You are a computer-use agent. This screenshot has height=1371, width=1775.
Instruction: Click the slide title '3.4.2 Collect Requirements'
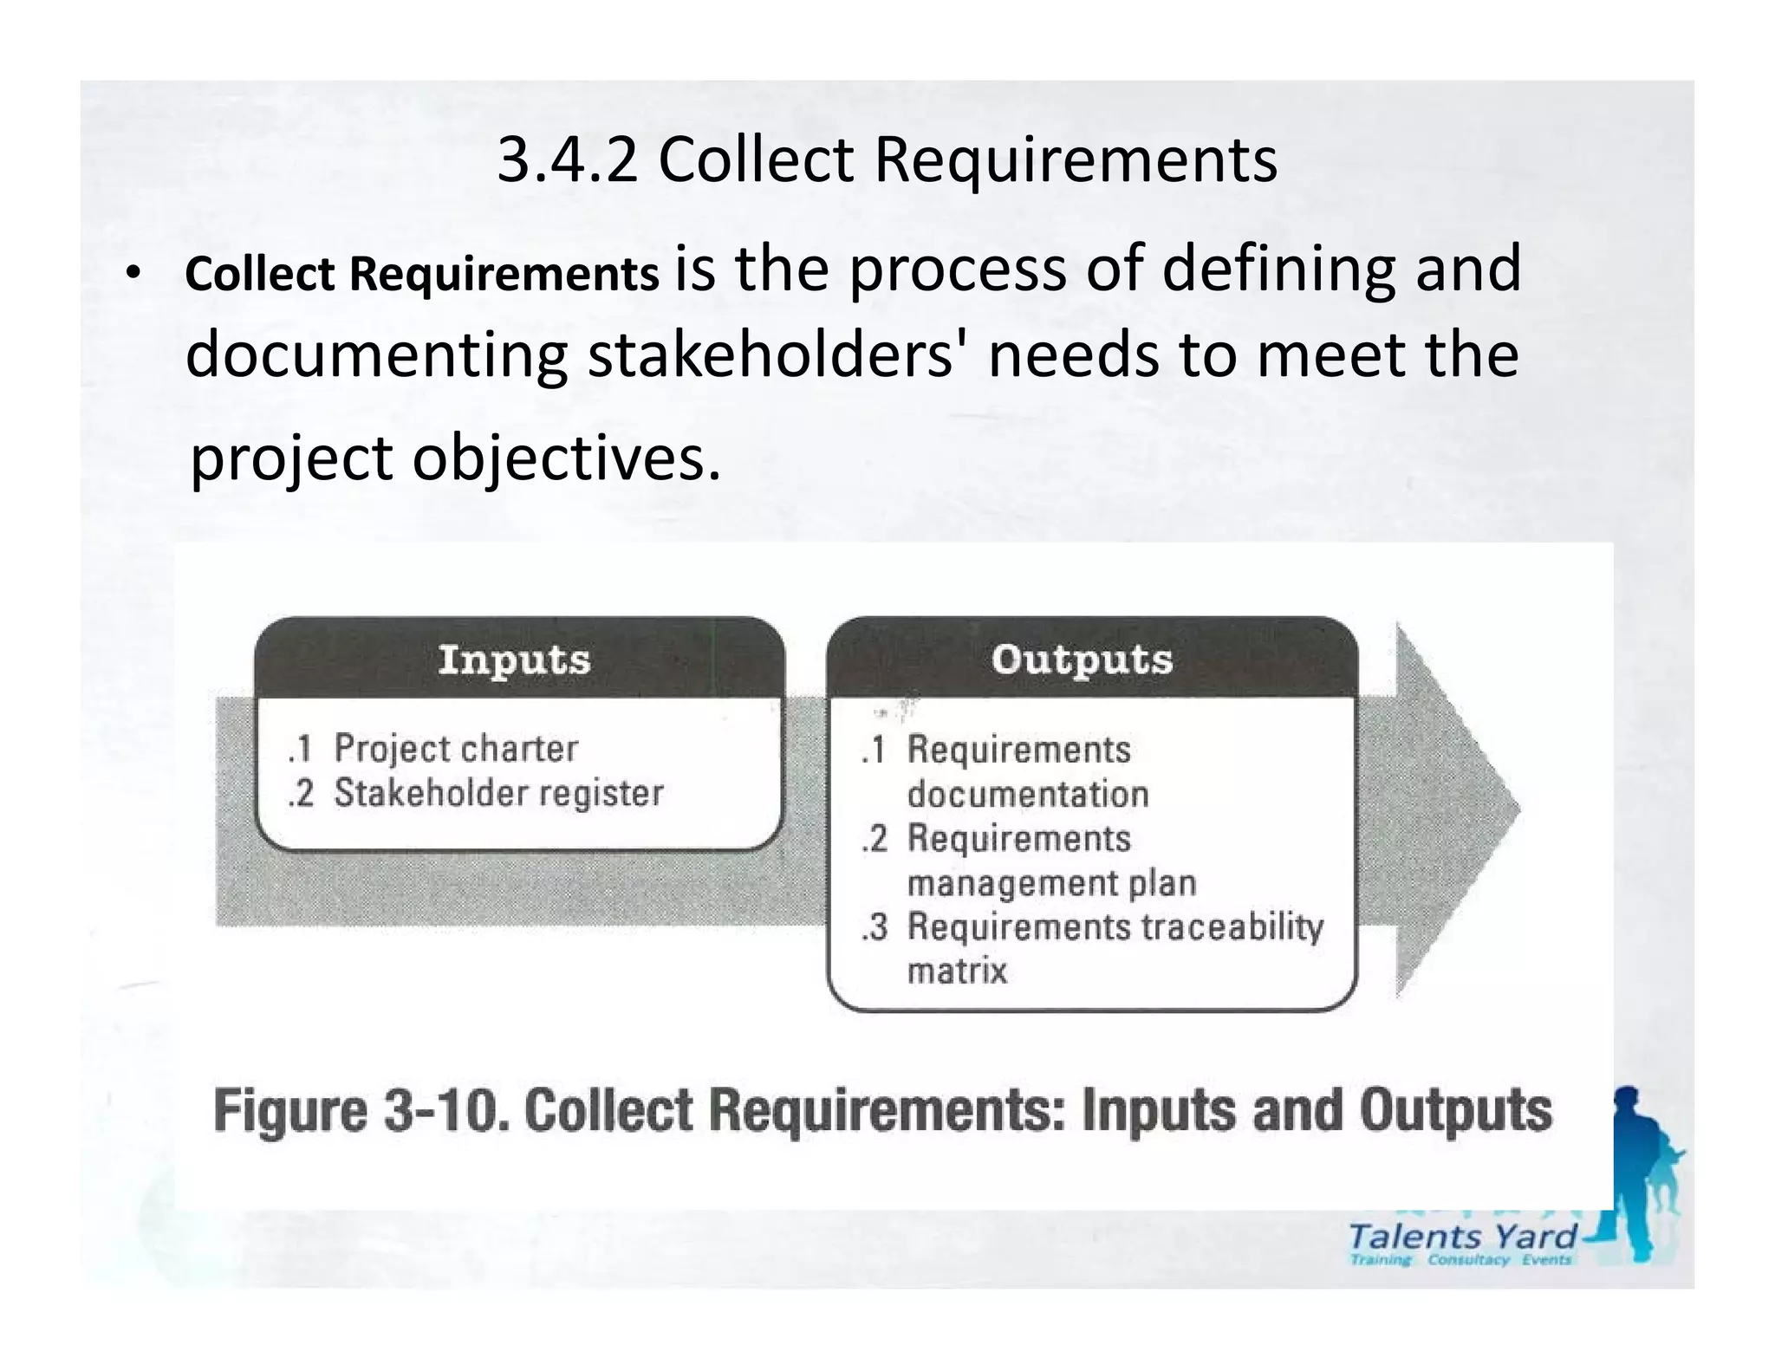[887, 160]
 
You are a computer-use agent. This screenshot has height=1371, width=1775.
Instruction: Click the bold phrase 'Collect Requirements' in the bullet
[422, 275]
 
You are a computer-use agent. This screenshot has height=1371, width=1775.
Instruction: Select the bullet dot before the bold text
[131, 275]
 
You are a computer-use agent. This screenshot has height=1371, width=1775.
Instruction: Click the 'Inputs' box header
[515, 660]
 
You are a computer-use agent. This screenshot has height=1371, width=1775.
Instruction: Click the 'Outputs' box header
[1083, 660]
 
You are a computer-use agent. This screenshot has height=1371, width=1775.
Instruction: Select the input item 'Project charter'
[456, 749]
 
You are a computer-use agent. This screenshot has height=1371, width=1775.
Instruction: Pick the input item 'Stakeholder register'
[498, 793]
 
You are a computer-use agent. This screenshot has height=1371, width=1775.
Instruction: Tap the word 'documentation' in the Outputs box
[1028, 795]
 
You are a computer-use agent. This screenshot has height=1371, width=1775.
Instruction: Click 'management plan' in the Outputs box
[1051, 883]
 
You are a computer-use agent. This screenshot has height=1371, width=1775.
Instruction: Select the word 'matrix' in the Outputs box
[957, 971]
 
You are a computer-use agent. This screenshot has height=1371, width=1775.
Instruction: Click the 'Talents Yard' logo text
[1462, 1236]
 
